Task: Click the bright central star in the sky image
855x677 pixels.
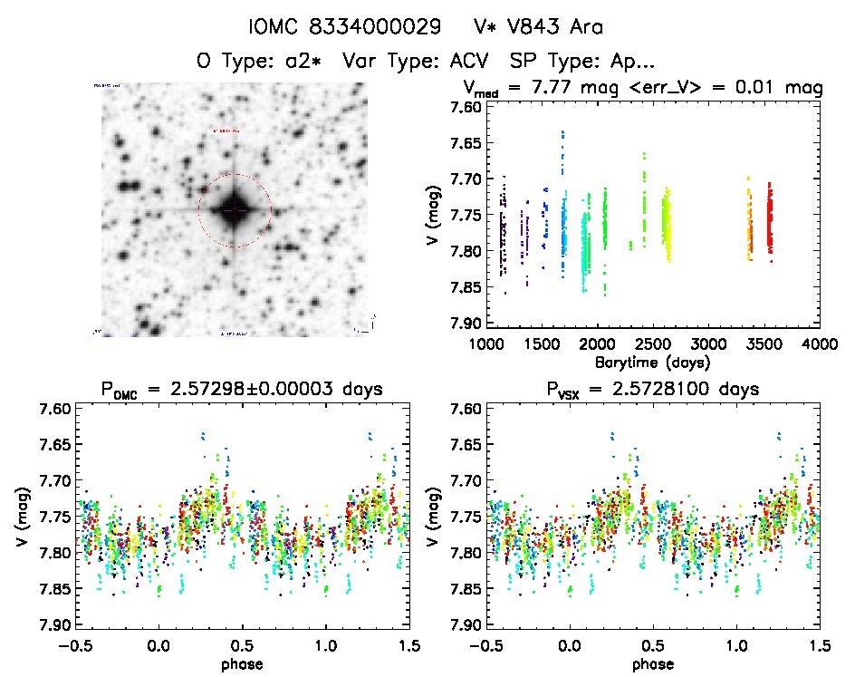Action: click(234, 209)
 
